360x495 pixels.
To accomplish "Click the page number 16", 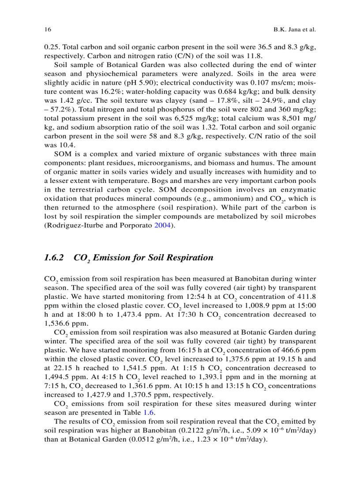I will (47, 30).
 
